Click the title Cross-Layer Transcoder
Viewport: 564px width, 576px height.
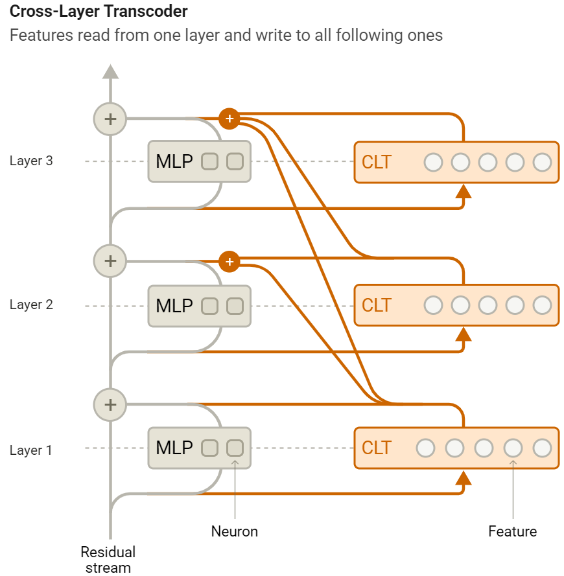[99, 12]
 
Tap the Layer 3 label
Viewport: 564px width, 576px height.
[31, 161]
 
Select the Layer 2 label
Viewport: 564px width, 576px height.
[31, 305]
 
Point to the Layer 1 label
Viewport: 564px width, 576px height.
[31, 450]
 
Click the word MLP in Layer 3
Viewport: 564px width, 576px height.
[174, 161]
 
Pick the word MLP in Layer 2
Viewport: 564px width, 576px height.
[174, 305]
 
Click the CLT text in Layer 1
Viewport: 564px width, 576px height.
[377, 448]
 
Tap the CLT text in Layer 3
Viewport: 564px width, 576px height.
[377, 161]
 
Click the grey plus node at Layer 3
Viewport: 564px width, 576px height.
[110, 119]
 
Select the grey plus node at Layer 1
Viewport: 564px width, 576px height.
[110, 404]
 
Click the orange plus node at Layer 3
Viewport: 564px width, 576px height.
[229, 119]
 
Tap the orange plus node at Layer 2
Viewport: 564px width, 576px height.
[229, 262]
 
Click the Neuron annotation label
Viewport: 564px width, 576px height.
[235, 531]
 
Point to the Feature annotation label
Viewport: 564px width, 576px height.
[513, 531]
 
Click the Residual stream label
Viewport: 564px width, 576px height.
[108, 560]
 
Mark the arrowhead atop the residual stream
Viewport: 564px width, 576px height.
[110, 71]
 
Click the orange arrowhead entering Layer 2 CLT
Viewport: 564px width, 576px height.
[463, 334]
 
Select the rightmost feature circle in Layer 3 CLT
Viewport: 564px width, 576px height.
[542, 162]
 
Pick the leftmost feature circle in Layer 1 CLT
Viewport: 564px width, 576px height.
[426, 448]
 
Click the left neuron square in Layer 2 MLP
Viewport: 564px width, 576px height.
[209, 305]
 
